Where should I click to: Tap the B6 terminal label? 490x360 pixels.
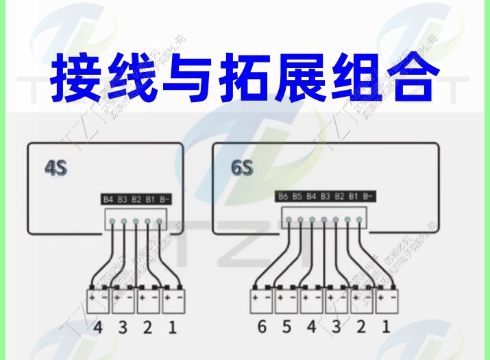coord(283,196)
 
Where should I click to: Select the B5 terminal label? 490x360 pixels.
coord(297,196)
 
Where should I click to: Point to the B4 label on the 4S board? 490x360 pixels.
coord(108,200)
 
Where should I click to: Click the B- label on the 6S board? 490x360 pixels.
coord(369,196)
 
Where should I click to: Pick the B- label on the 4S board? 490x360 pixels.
coord(164,200)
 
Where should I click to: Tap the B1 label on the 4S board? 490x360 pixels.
coord(150,200)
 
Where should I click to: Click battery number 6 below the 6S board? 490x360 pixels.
coord(262,327)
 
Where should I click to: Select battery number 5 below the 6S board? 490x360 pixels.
coord(286,327)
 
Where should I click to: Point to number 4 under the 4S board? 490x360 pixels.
coord(98,327)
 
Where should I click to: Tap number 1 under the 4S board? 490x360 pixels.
coord(172,327)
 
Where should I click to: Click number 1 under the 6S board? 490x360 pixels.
coord(385,327)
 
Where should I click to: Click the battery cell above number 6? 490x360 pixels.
coord(262,300)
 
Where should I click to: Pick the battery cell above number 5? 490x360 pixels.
coord(286,300)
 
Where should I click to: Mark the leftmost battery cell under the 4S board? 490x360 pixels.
coord(98,300)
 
